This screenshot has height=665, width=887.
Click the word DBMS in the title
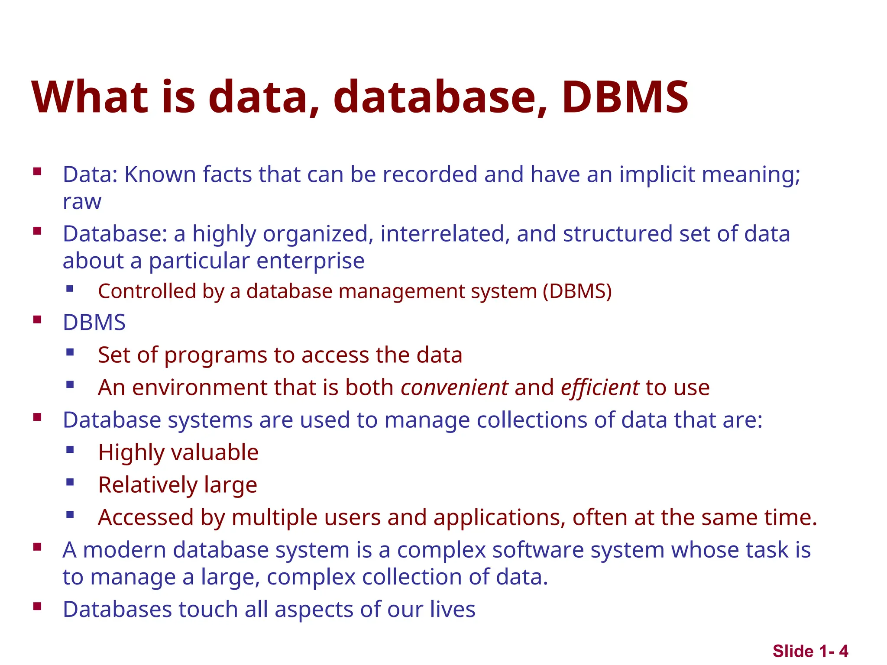(x=625, y=97)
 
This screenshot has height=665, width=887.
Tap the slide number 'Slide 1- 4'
(x=810, y=651)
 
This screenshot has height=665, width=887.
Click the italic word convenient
(x=454, y=387)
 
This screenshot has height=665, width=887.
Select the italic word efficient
(x=599, y=387)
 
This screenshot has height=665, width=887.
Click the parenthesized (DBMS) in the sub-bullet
(x=577, y=291)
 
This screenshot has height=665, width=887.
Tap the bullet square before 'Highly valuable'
(x=70, y=450)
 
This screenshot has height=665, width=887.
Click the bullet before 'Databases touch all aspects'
(x=37, y=606)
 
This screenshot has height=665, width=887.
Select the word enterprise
(x=310, y=261)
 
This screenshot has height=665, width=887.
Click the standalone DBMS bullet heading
(x=94, y=323)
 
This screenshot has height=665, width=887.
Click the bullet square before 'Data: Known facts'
(x=37, y=171)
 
